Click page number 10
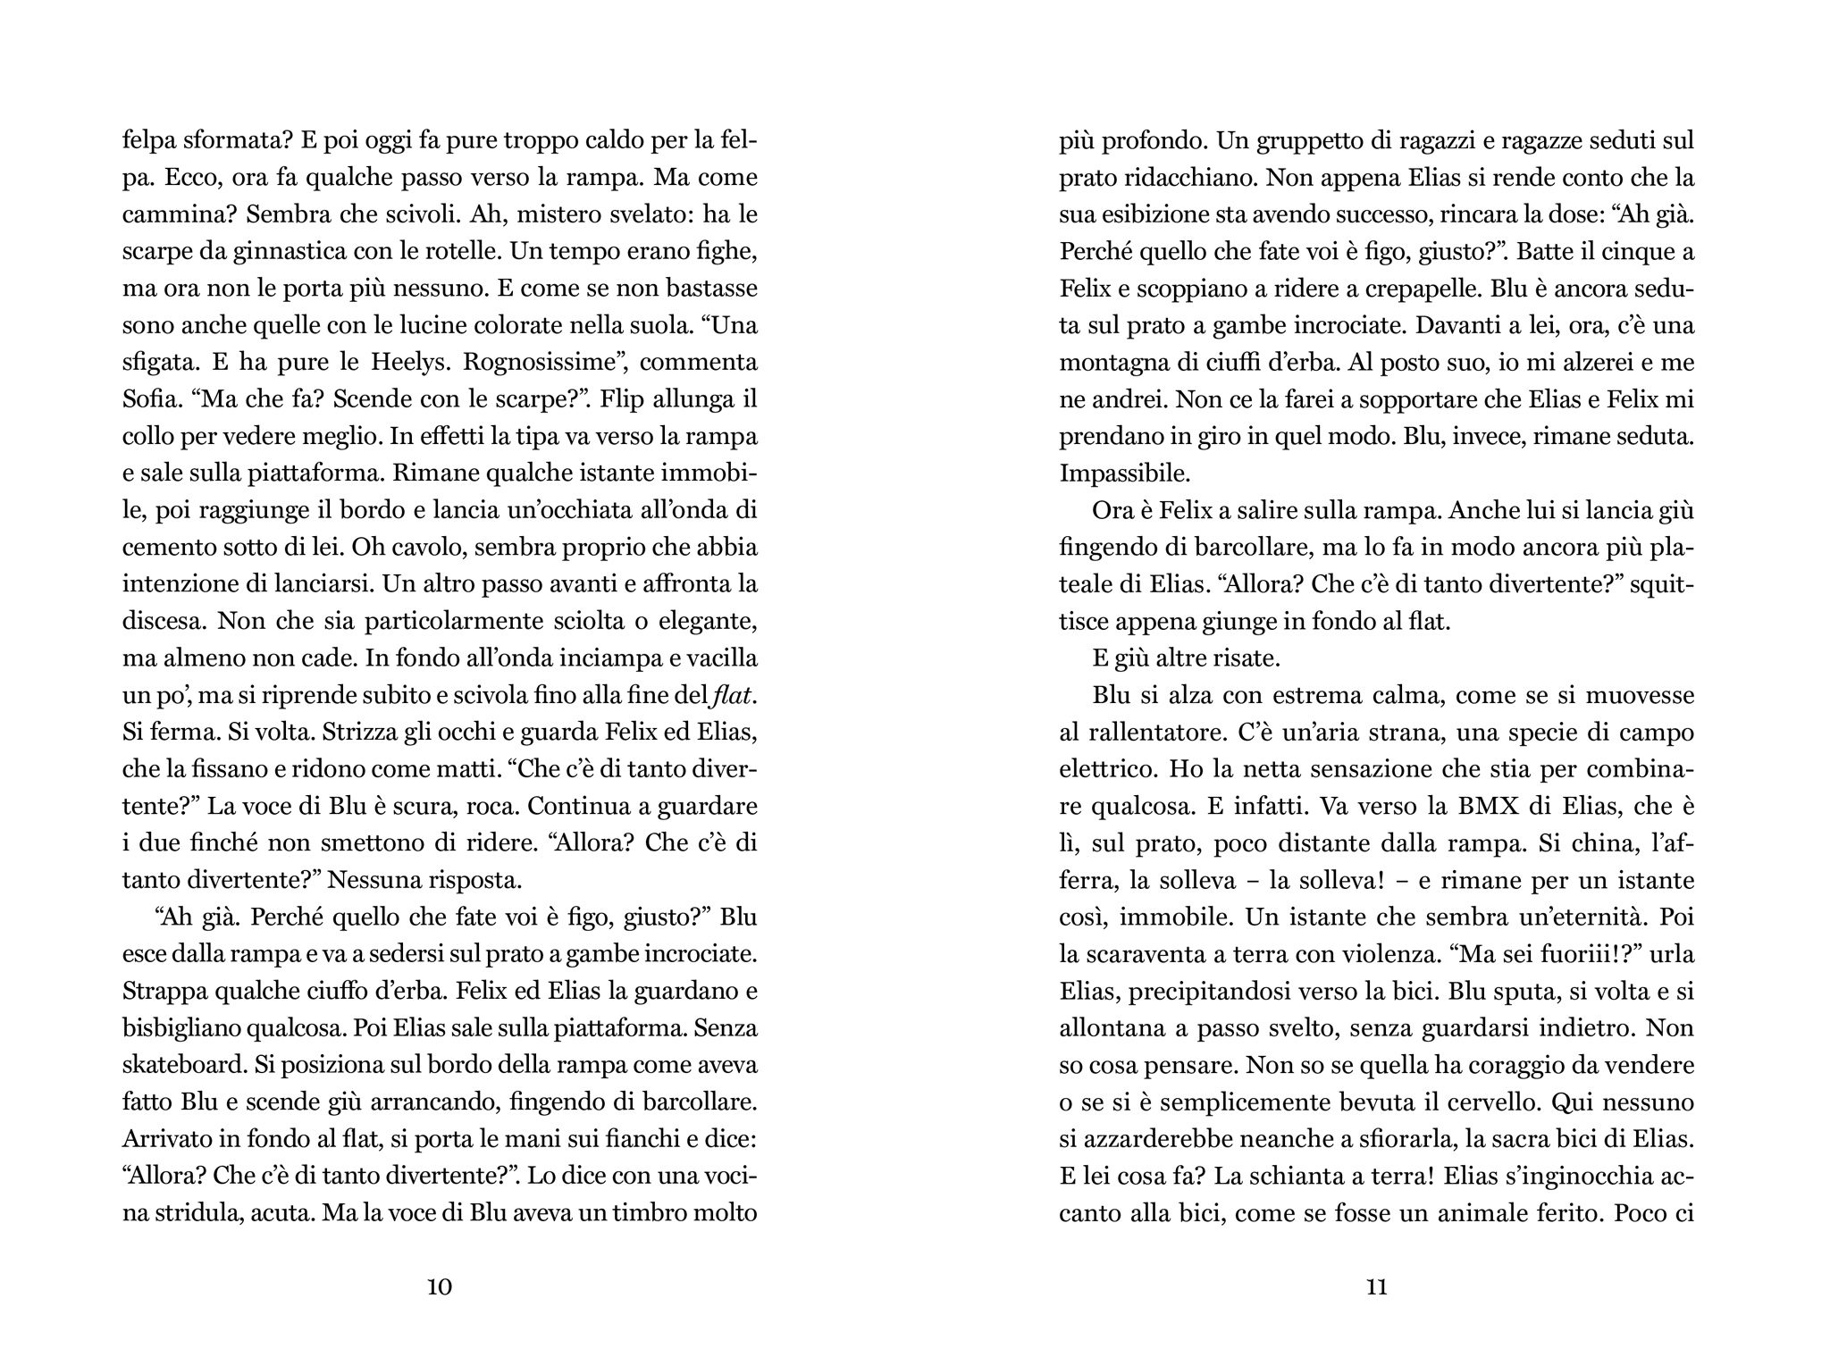[440, 1287]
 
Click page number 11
[1376, 1287]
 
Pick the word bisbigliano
[186, 1027]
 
